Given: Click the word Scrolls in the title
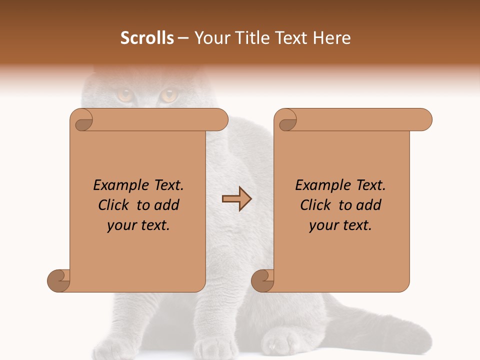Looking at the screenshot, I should click(147, 38).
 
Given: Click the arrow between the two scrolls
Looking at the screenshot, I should click(236, 199).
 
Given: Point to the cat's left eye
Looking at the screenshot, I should click(124, 94).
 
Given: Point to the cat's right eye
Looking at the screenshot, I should click(169, 94).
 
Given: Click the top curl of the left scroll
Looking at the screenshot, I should click(83, 120).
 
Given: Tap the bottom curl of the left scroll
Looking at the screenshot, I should click(59, 280).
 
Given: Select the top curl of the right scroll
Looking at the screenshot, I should click(287, 120).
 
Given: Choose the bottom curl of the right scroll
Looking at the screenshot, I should click(263, 280).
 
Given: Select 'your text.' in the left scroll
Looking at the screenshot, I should click(138, 225).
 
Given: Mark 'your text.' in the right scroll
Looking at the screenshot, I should click(340, 225).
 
